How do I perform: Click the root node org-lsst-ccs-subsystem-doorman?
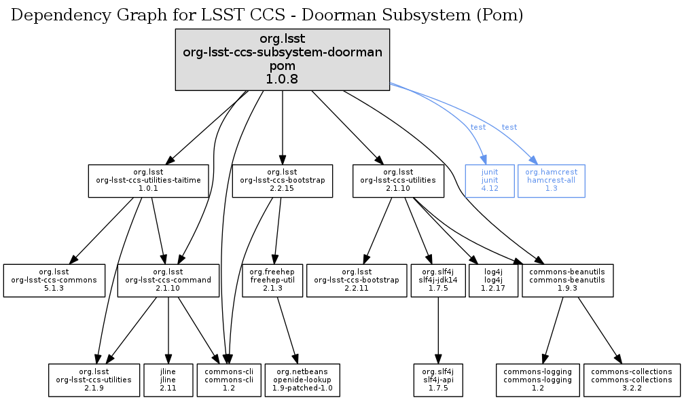tap(282, 60)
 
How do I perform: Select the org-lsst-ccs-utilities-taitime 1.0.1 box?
tap(149, 181)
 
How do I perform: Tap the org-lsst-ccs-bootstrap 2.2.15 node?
tap(282, 181)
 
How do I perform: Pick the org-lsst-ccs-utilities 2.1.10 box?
tap(398, 181)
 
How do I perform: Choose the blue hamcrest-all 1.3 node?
tap(551, 181)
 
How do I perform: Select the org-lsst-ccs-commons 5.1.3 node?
tap(54, 280)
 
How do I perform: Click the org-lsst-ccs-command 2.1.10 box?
tap(168, 280)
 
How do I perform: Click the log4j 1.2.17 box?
tap(493, 280)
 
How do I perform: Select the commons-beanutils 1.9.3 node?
tap(568, 280)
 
